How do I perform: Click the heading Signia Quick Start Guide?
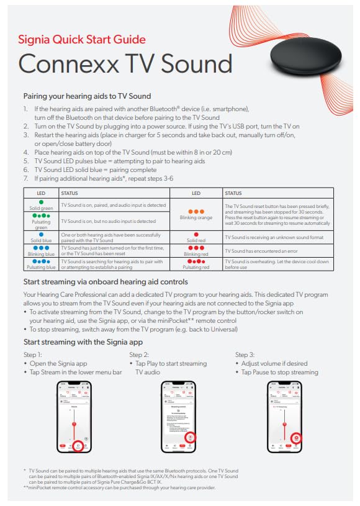click(x=82, y=40)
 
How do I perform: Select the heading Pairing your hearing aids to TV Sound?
click(x=87, y=96)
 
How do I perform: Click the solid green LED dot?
click(x=42, y=202)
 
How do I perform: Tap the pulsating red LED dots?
click(x=196, y=261)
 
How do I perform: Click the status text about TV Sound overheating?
click(x=276, y=265)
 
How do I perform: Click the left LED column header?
click(x=42, y=193)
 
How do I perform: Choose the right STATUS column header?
click(x=234, y=193)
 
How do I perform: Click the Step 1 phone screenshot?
click(x=74, y=417)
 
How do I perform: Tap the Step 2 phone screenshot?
click(x=179, y=417)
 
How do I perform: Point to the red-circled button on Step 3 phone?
click(x=296, y=438)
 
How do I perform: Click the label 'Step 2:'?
click(x=139, y=354)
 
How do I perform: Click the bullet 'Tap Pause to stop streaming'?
click(x=279, y=372)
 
